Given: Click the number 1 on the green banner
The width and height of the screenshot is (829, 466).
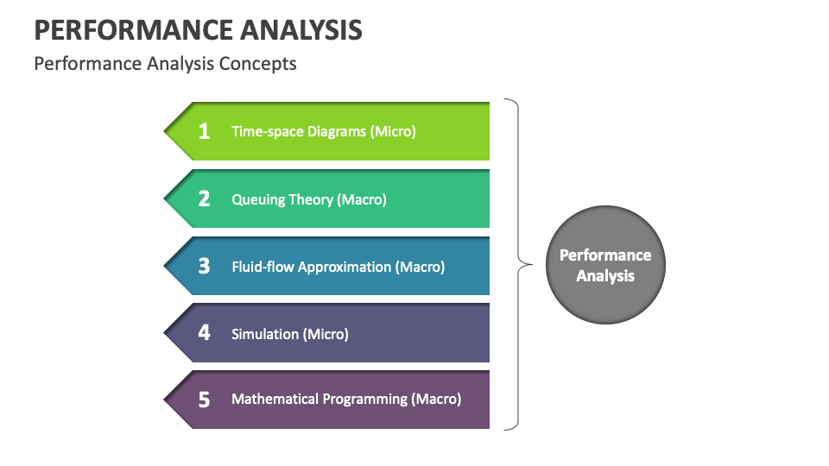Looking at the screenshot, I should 204,131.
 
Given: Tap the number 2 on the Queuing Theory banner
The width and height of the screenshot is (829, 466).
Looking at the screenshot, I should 204,198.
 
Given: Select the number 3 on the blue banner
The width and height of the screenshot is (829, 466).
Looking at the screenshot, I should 204,266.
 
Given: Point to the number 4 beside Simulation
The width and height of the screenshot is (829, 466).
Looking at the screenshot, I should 204,332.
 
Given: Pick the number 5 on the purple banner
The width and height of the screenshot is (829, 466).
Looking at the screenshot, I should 204,400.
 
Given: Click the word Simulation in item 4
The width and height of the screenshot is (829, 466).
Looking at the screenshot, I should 264,333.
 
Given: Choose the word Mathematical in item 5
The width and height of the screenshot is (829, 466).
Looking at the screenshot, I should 275,400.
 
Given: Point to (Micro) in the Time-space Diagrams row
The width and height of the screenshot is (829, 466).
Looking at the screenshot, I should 393,132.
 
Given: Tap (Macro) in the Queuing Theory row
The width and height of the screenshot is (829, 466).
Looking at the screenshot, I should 362,199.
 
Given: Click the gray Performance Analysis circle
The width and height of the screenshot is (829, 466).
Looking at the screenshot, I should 605,265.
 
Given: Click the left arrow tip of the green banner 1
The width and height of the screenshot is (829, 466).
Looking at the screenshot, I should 166,131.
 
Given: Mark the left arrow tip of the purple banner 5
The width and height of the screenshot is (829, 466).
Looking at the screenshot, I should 166,400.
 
